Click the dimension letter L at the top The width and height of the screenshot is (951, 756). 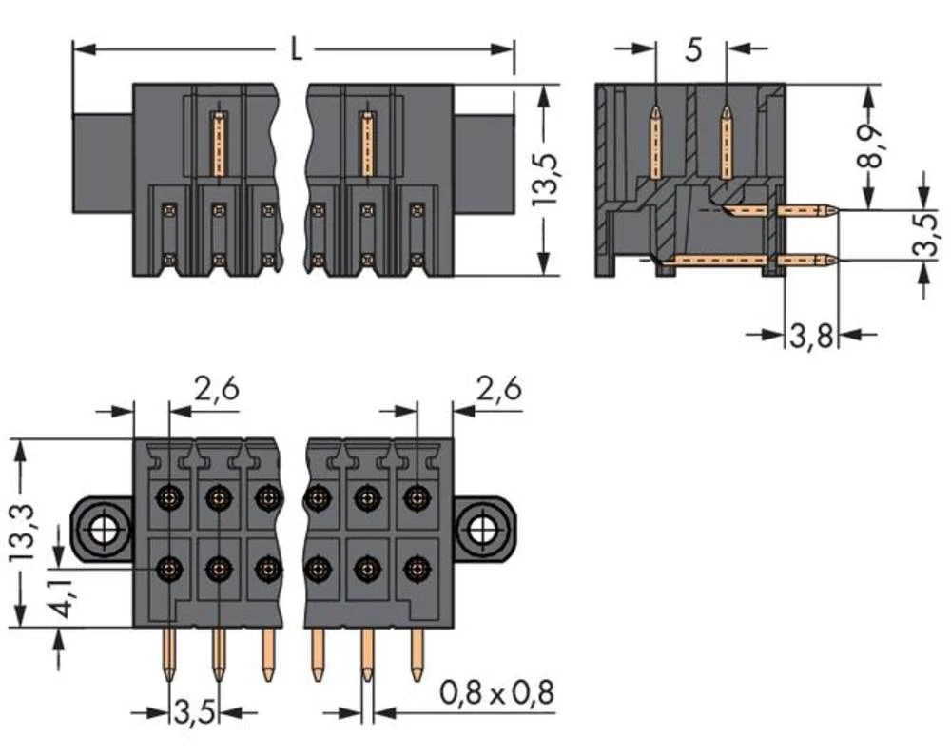(297, 50)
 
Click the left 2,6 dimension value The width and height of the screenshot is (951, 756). (216, 389)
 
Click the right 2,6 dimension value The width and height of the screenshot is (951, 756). (498, 389)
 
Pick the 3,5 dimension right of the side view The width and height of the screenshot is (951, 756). (922, 235)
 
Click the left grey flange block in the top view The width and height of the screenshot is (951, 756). (103, 162)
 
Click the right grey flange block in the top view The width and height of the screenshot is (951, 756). (484, 162)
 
